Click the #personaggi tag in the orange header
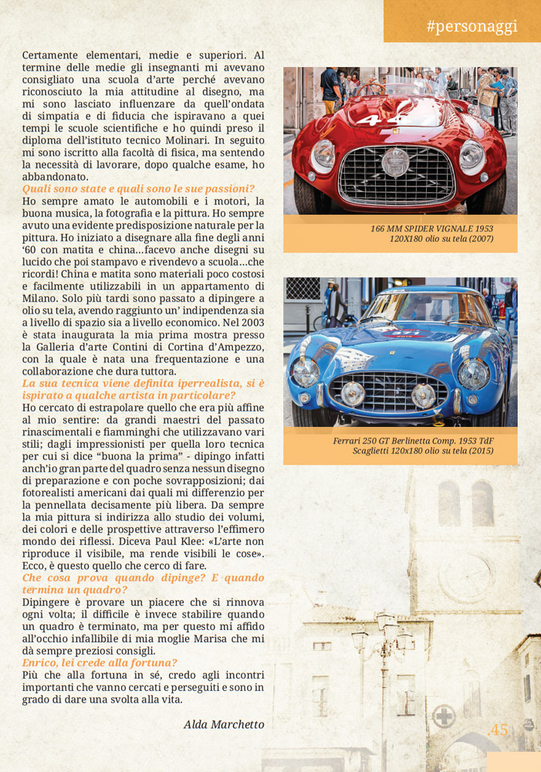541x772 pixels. click(472, 26)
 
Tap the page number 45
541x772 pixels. click(499, 730)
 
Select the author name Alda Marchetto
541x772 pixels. click(224, 724)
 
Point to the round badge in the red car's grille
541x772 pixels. click(395, 163)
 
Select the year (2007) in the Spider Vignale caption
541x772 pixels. click(478, 239)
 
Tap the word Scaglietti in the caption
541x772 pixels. click(376, 451)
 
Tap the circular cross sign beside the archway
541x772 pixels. click(442, 716)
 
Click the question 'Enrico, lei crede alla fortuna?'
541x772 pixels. click(100, 662)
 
